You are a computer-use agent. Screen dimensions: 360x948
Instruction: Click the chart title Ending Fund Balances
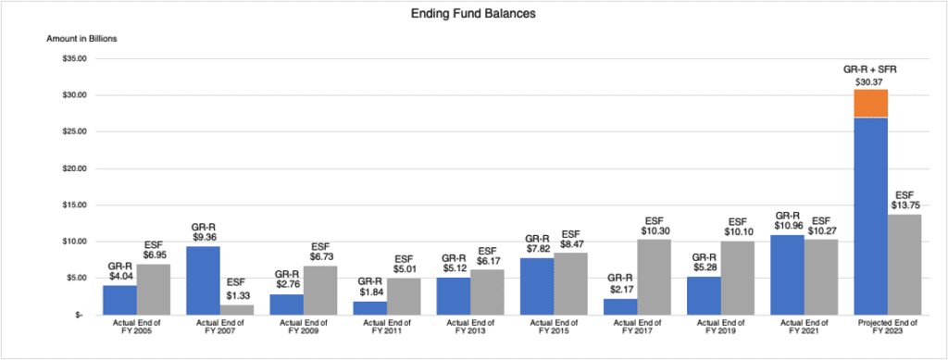(x=474, y=16)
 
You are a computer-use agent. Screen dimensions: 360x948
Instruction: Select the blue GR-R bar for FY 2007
(x=208, y=280)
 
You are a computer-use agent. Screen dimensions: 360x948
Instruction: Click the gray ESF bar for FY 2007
(x=237, y=309)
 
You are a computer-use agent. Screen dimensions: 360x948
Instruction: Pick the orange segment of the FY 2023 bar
(x=871, y=104)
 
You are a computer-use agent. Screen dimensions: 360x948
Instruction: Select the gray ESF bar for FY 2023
(x=904, y=264)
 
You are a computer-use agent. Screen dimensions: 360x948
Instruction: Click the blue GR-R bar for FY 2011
(x=369, y=307)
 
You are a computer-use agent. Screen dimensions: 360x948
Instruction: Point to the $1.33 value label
(x=237, y=295)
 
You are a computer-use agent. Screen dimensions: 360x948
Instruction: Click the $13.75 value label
(x=904, y=205)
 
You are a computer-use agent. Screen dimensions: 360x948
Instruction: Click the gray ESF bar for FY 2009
(x=320, y=290)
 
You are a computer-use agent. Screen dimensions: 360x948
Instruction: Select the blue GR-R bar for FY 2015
(x=537, y=286)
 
